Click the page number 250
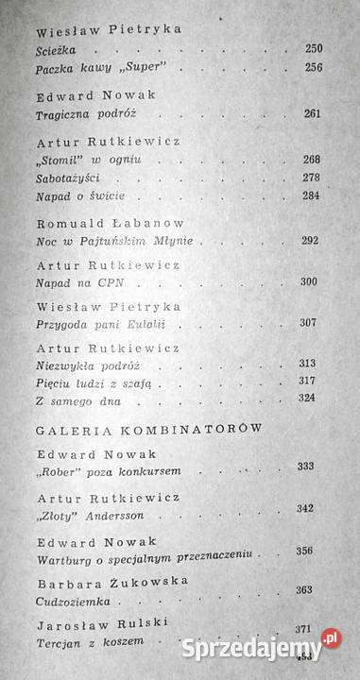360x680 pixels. (x=315, y=48)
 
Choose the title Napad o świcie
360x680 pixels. (x=78, y=195)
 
